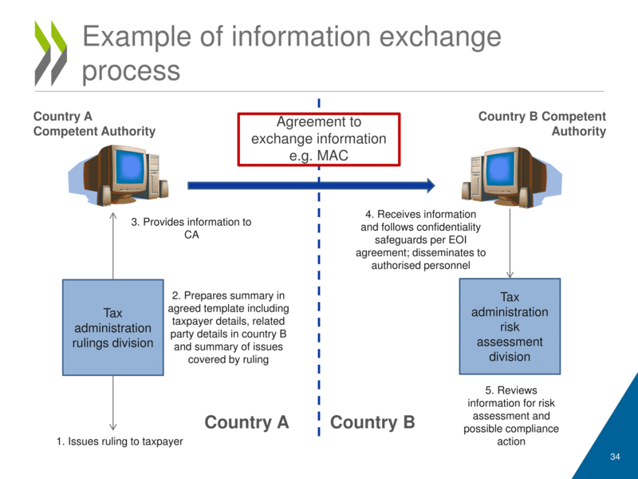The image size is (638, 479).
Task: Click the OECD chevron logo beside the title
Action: (50, 53)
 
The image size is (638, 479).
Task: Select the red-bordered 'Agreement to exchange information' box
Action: (319, 139)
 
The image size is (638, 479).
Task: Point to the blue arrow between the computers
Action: (311, 186)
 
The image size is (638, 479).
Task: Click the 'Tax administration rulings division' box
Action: (113, 327)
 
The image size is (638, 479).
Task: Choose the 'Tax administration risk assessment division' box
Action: (510, 327)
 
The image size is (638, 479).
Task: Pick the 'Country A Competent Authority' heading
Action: (94, 124)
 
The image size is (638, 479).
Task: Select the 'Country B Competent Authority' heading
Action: (542, 124)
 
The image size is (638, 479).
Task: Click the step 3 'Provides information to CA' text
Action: (191, 228)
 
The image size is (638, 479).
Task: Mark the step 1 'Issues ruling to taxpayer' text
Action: (120, 441)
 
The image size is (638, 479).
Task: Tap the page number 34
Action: (614, 457)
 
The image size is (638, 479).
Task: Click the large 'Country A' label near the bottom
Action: (246, 422)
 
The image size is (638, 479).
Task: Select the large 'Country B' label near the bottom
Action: (372, 422)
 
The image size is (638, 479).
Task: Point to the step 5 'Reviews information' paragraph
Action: (511, 416)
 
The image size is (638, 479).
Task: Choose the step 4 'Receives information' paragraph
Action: (420, 239)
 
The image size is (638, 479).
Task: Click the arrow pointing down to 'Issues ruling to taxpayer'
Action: (113, 403)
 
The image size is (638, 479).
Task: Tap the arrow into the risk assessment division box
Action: (510, 247)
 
